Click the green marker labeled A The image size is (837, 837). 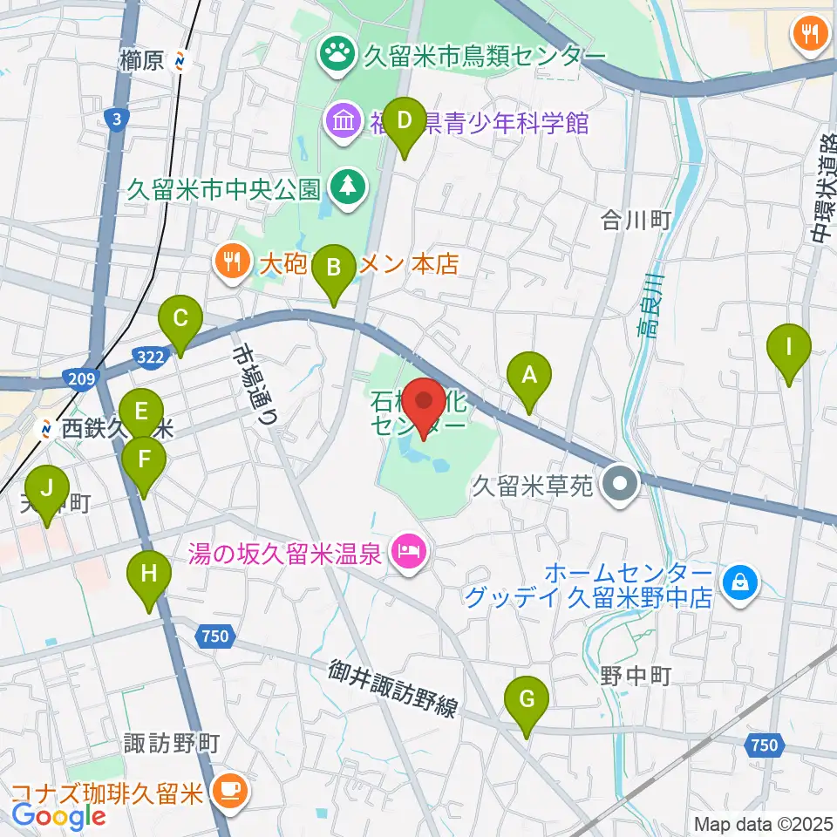(527, 377)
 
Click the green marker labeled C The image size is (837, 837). (180, 320)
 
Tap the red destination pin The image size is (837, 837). (425, 403)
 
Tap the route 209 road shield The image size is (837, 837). (78, 377)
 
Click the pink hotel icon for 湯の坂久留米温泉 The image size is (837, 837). (407, 551)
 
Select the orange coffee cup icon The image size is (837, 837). (229, 791)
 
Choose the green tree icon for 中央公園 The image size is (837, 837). (347, 187)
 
